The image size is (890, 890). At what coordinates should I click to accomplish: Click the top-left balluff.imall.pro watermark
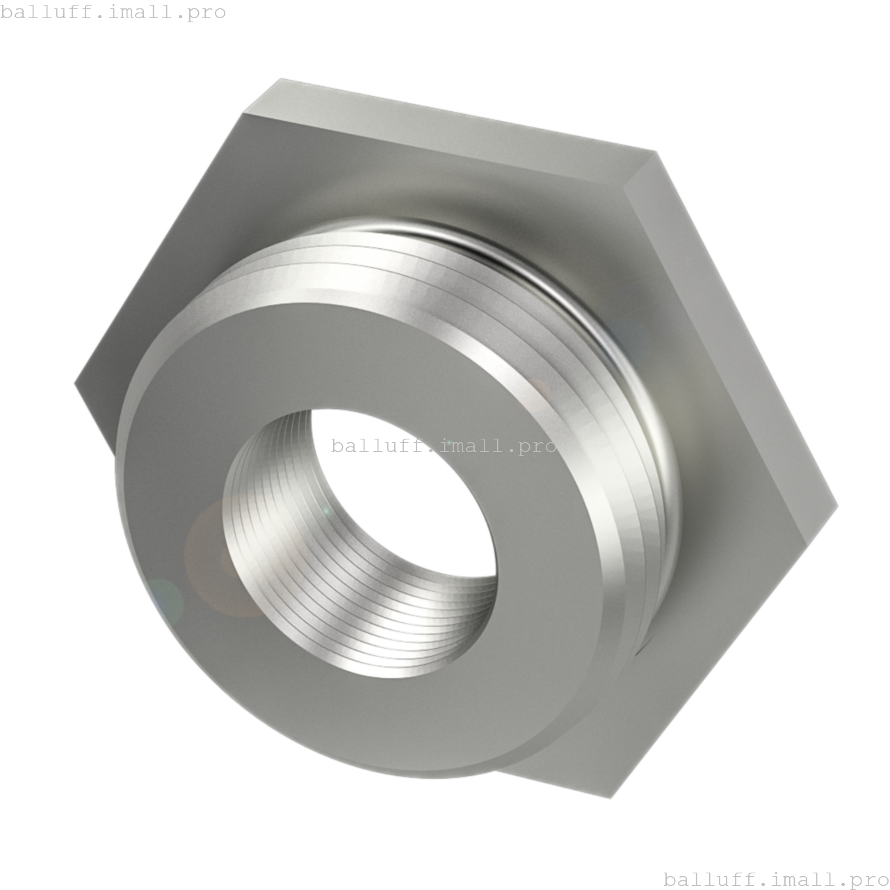113,12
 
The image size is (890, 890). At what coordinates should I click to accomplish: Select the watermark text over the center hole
444,446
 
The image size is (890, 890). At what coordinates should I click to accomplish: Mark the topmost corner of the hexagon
280,79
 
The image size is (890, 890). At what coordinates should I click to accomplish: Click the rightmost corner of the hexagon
838,505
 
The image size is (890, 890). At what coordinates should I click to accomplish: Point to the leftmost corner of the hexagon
75,382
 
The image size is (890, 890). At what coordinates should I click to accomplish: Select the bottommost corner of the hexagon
610,798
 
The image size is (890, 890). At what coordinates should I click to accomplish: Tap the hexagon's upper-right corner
656,152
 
